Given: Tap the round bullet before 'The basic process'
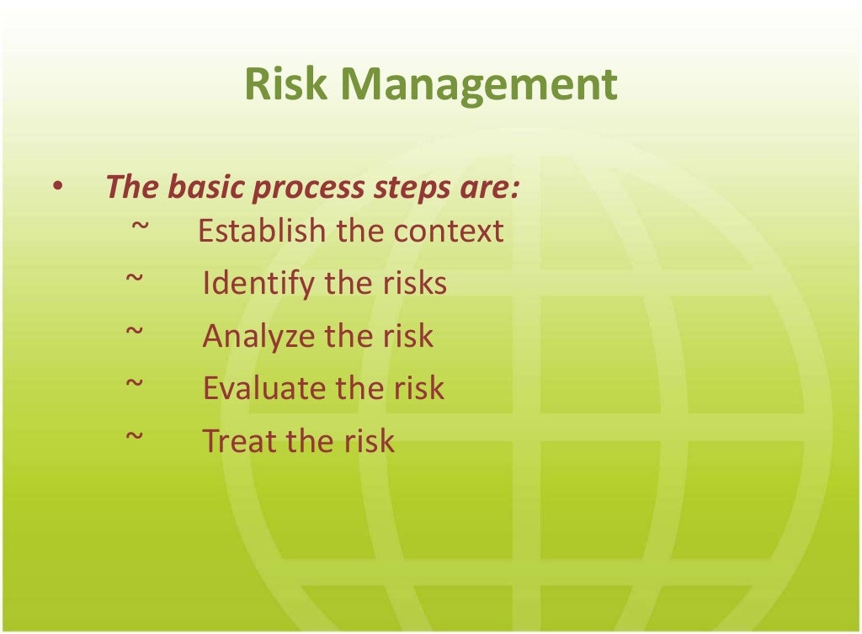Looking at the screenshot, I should click(x=56, y=188).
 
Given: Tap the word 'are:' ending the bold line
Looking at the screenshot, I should click(x=488, y=188).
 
